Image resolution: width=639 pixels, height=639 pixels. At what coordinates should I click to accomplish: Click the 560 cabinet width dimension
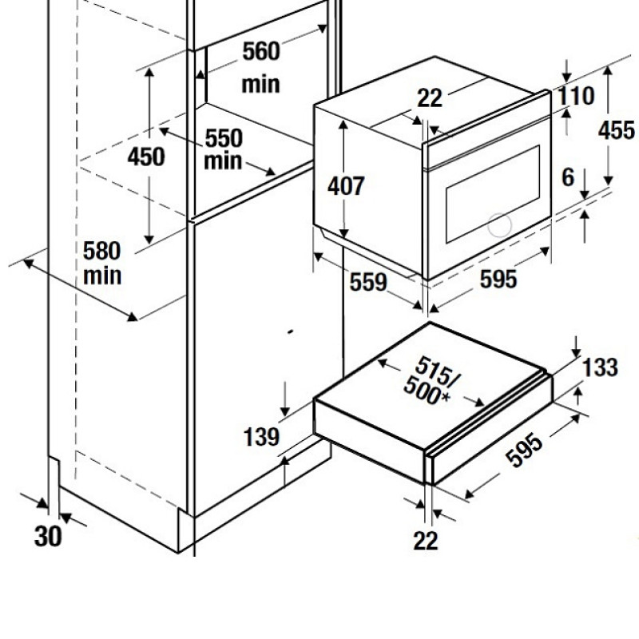pos(261,51)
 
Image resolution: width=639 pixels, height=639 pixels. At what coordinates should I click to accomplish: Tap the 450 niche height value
pos(146,157)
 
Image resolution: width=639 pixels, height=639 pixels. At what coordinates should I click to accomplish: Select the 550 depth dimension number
pos(224,138)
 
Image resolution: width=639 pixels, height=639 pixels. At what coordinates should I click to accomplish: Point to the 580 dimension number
pos(102,251)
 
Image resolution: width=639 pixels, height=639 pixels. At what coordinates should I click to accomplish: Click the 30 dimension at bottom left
pos(48,535)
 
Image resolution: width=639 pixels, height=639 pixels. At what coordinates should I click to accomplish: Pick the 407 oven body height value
pos(346,186)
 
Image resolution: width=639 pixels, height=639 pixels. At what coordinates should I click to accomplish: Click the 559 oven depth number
pos(368,282)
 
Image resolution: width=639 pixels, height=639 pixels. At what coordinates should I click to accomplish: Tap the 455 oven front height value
pos(616,130)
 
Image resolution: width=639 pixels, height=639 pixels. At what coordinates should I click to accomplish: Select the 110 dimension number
pos(576,96)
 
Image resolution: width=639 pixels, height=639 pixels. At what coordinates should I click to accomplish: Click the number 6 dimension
pos(568,177)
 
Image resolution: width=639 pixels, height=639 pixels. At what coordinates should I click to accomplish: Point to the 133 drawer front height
pos(601,367)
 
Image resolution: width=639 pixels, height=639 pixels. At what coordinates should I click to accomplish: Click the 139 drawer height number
pos(261,437)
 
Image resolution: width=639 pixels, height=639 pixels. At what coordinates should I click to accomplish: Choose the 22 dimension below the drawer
pos(426,541)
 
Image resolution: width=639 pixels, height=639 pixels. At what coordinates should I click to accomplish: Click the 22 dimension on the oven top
pos(430,98)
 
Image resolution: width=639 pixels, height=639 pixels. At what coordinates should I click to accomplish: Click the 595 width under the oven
pos(498,279)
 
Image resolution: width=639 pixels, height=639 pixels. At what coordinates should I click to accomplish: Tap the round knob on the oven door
pos(500,224)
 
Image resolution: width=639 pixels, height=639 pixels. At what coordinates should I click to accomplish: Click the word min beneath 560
pos(261,85)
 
